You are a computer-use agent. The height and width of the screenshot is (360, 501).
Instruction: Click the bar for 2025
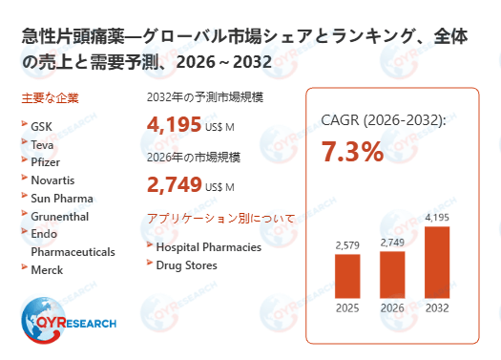(x=347, y=276)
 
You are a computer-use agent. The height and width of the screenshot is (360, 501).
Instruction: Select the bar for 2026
(x=392, y=274)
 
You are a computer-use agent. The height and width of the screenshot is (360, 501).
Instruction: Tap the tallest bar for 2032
(x=437, y=262)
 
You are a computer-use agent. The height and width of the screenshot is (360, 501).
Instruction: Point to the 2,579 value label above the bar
(x=347, y=245)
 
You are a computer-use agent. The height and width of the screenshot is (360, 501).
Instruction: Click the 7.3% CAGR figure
(x=353, y=151)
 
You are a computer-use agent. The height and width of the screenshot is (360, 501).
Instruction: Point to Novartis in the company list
(x=53, y=180)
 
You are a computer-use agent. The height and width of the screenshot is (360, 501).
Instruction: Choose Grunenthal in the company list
(x=60, y=216)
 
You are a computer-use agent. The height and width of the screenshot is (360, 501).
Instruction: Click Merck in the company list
(x=49, y=270)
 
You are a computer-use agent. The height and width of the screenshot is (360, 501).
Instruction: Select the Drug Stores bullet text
(x=186, y=264)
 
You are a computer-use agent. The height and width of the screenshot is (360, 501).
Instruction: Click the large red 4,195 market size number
(x=175, y=124)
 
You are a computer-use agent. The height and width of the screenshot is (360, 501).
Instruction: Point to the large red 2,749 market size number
(x=175, y=184)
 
